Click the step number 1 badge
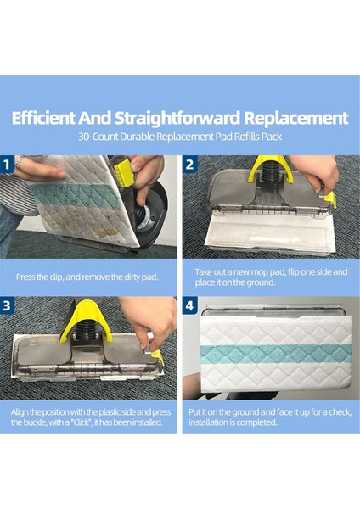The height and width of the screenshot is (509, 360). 7,165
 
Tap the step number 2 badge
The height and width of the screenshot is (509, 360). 189,165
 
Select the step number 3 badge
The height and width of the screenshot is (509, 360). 7,305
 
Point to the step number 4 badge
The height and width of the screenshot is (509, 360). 189,305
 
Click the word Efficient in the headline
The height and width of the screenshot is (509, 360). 43,118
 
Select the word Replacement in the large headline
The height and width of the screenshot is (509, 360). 296,119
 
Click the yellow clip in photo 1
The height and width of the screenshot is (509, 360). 123,171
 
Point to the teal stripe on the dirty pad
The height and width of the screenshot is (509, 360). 78,196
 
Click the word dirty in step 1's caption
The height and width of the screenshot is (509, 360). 132,277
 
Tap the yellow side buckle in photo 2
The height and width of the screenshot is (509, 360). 330,199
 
